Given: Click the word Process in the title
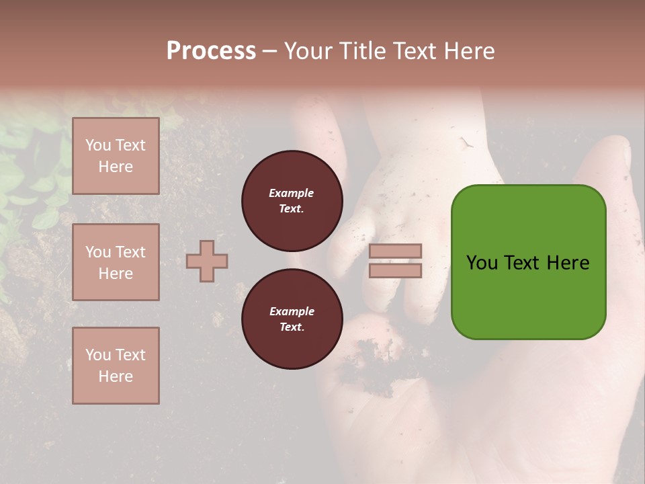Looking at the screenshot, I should (x=211, y=51).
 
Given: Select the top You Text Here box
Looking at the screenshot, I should (x=116, y=156).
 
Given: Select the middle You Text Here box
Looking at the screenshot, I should (x=116, y=262).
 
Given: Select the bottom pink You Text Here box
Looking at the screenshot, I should (x=116, y=366).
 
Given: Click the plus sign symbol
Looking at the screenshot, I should (x=207, y=261).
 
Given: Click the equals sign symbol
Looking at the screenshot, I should (x=395, y=261).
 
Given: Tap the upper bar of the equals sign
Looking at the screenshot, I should (x=395, y=251).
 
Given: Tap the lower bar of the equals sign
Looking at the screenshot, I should (x=395, y=270).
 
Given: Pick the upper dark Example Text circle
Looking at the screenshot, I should (x=292, y=200).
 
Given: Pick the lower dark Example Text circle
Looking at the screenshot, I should (x=292, y=319).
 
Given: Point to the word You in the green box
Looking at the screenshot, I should (x=482, y=263).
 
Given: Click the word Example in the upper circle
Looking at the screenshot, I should (x=292, y=193).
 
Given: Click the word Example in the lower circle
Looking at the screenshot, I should (x=292, y=311).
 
